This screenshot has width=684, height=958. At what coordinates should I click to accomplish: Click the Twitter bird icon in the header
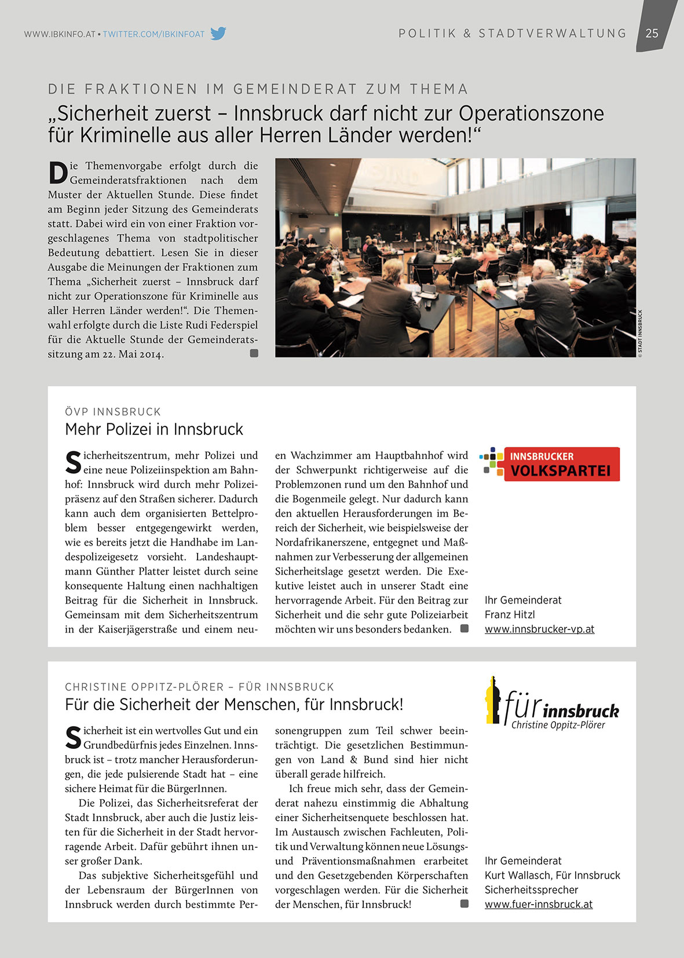click(x=218, y=34)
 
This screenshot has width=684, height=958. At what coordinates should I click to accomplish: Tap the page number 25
click(x=652, y=33)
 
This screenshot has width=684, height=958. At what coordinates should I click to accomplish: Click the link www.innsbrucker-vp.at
click(x=539, y=629)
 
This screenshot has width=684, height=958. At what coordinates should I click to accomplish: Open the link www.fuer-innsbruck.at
click(x=539, y=904)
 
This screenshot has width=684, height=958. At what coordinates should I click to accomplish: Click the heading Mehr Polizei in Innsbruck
click(x=154, y=429)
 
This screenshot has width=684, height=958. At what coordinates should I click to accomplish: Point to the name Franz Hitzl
click(x=510, y=615)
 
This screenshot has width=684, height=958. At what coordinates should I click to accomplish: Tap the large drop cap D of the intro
click(x=58, y=173)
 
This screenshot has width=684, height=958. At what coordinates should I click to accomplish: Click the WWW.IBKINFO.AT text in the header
click(x=60, y=34)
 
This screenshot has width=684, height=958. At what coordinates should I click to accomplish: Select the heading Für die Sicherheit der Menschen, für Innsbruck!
click(x=234, y=704)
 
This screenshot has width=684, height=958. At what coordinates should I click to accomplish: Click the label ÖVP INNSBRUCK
click(x=113, y=412)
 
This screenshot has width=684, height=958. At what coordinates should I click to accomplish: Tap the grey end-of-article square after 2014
click(x=254, y=353)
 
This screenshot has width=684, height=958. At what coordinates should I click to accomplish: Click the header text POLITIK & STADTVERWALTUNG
click(x=513, y=34)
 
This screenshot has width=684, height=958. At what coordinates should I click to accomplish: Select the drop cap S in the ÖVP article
click(x=73, y=462)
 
